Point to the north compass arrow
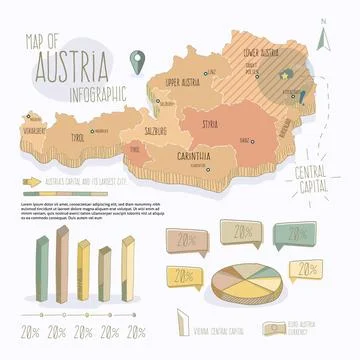[x=322, y=39]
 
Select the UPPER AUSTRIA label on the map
[x=185, y=82]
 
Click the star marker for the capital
[x=284, y=72]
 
